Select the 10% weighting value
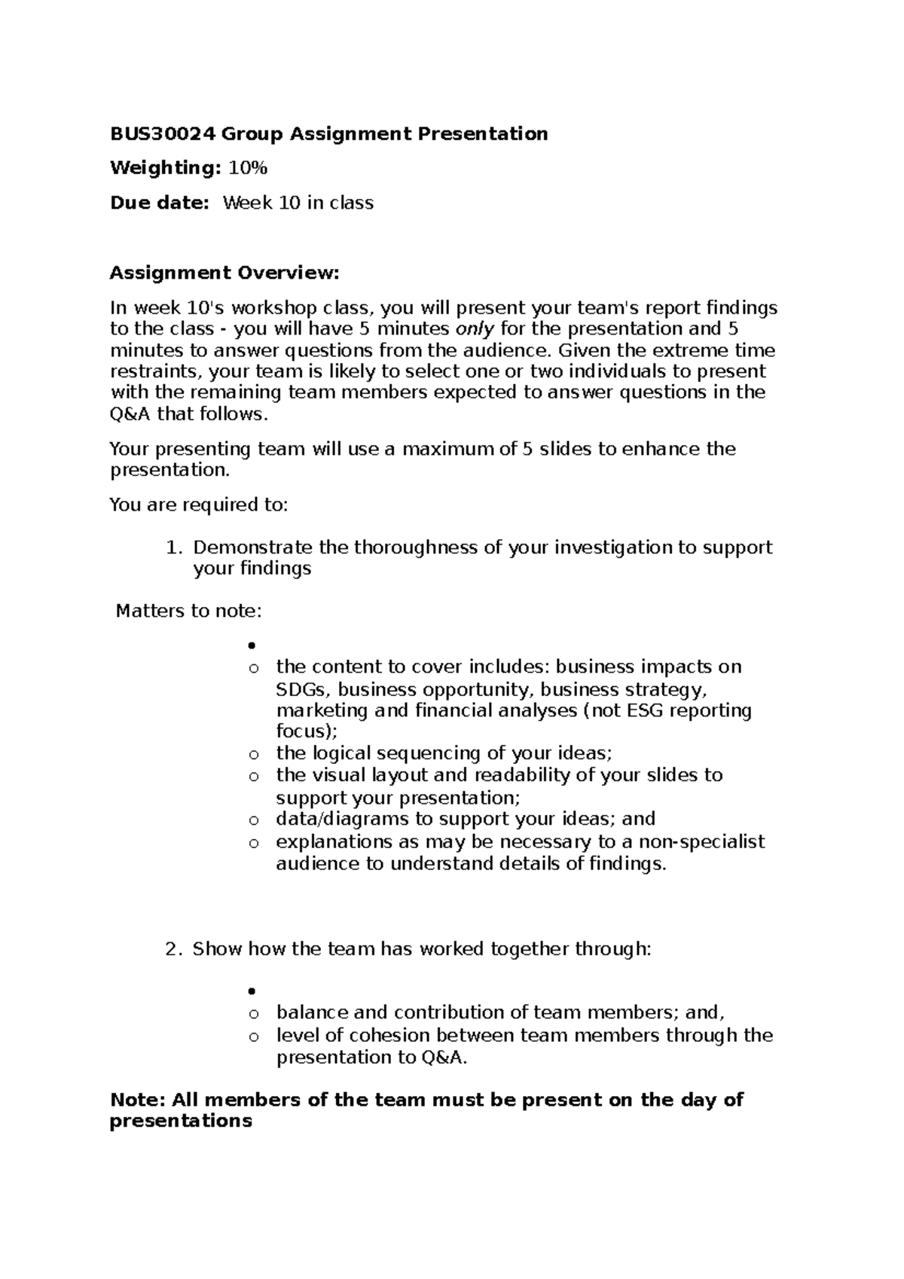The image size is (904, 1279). pos(248,168)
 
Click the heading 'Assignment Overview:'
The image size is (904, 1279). pos(224,273)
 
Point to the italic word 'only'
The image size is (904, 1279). pos(476,329)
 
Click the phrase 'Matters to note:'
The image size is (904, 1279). pos(188,611)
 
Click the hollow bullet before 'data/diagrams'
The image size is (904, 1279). pos(254,820)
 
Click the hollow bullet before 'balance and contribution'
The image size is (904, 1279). pos(254,1014)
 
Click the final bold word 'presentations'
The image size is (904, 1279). pos(181,1121)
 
